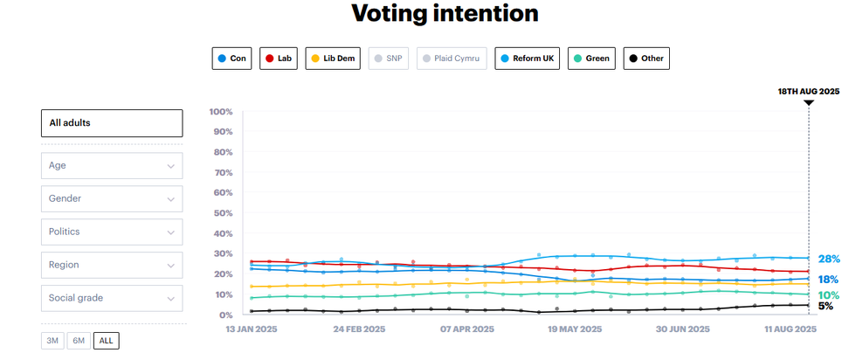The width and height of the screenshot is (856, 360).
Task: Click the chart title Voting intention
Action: click(x=445, y=14)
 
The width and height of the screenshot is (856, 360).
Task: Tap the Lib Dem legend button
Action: click(x=334, y=59)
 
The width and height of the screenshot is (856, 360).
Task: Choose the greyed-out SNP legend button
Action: click(x=390, y=59)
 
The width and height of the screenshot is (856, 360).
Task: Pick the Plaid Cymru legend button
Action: click(x=452, y=59)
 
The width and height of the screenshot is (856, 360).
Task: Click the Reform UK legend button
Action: click(x=528, y=59)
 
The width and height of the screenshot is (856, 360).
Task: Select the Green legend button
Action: click(x=591, y=59)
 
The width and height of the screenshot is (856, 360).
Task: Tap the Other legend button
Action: click(x=646, y=59)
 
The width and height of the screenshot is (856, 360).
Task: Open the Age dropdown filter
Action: click(x=112, y=165)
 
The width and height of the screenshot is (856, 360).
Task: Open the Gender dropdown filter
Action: click(x=112, y=198)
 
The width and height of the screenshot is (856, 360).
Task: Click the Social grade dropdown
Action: click(x=112, y=298)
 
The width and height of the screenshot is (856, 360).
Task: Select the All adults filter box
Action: click(x=112, y=123)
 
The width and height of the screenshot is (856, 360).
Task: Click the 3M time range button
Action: click(x=52, y=341)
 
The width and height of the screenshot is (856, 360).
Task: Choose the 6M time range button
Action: click(x=79, y=341)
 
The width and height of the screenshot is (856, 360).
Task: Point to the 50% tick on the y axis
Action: click(x=220, y=213)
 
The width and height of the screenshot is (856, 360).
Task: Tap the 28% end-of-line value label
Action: click(x=828, y=260)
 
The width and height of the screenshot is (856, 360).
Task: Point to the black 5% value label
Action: click(x=825, y=307)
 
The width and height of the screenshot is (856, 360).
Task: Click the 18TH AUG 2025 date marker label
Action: click(x=809, y=91)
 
